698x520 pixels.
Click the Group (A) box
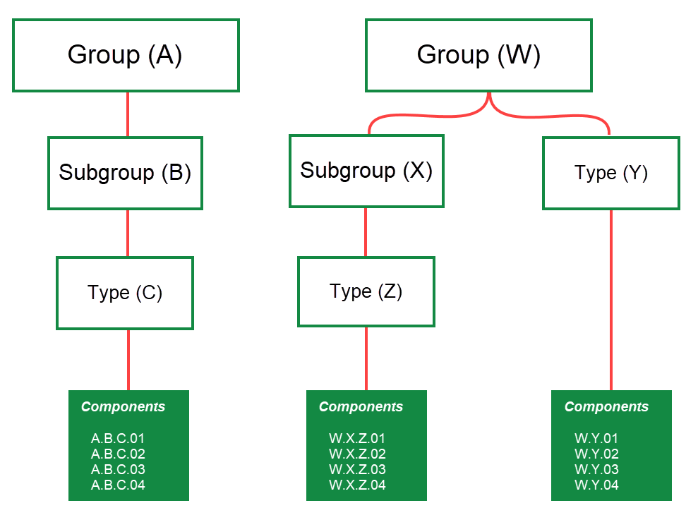tap(126, 55)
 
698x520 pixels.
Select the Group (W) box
tap(479, 55)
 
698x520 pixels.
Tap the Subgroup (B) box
tap(125, 173)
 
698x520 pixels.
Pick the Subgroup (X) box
tap(366, 171)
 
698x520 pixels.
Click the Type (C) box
tap(125, 293)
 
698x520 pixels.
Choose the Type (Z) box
tap(366, 291)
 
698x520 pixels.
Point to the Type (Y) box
tap(610, 173)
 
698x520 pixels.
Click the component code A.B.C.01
tap(118, 439)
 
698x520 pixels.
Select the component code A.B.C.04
tap(118, 485)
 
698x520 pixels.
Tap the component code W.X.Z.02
tap(357, 454)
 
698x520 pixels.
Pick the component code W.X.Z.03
tap(357, 470)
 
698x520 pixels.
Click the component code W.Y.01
tap(596, 439)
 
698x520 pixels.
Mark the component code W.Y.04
tap(596, 485)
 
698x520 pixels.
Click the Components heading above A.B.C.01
tap(123, 407)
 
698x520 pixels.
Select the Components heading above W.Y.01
tap(606, 407)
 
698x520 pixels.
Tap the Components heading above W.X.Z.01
tap(361, 407)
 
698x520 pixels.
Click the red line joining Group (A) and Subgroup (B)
tap(128, 114)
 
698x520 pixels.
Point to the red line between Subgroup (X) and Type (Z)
tap(366, 232)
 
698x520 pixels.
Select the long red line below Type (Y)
tap(610, 300)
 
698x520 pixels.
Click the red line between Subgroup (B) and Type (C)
tap(128, 233)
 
